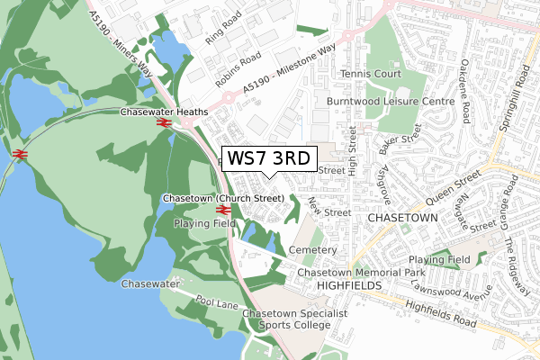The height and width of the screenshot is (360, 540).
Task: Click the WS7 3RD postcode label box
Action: pyautogui.click(x=269, y=158)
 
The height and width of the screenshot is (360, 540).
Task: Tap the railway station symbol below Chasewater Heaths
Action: pyautogui.click(x=164, y=123)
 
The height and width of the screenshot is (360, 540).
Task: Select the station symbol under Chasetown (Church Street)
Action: pyautogui.click(x=224, y=210)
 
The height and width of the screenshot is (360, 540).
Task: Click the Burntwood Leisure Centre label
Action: pyautogui.click(x=391, y=103)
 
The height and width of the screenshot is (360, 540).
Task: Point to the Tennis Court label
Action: pyautogui.click(x=369, y=73)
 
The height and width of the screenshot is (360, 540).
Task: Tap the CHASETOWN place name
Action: pyautogui.click(x=401, y=218)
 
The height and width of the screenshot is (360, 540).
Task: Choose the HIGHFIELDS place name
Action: pyautogui.click(x=350, y=284)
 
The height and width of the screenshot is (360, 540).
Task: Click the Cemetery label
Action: pyautogui.click(x=312, y=249)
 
